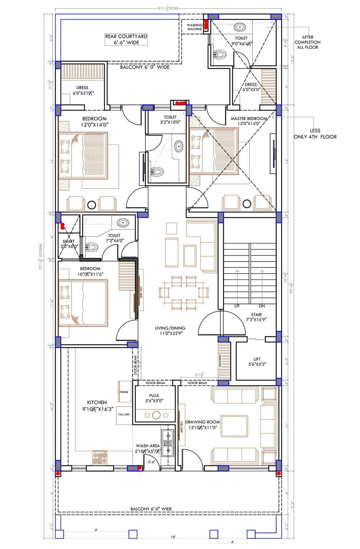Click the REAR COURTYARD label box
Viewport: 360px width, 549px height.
coord(126,39)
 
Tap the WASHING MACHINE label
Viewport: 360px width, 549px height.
coord(194,27)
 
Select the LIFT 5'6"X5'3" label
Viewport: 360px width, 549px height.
coord(257,362)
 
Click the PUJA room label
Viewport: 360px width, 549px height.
coord(154,398)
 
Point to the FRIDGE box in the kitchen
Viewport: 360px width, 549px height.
coord(124,392)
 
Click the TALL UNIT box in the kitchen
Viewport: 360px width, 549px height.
coord(124,414)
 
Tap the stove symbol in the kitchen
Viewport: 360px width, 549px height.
coord(100,458)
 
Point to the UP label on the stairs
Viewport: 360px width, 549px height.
coord(237,306)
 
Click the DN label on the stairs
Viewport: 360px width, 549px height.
coord(262,306)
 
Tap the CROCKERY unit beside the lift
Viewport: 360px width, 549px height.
coord(224,361)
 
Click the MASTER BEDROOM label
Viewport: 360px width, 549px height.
coord(249,121)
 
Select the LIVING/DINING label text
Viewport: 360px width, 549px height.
coord(170,330)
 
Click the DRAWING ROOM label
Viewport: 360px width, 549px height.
coord(203,424)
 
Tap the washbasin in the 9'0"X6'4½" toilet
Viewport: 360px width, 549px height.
coord(240,27)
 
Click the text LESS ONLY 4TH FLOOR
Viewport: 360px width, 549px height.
coord(315,134)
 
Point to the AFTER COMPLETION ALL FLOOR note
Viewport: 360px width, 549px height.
coord(307,42)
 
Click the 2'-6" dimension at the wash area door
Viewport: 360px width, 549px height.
coord(151,462)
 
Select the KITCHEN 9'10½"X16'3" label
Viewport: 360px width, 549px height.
coord(97,405)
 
